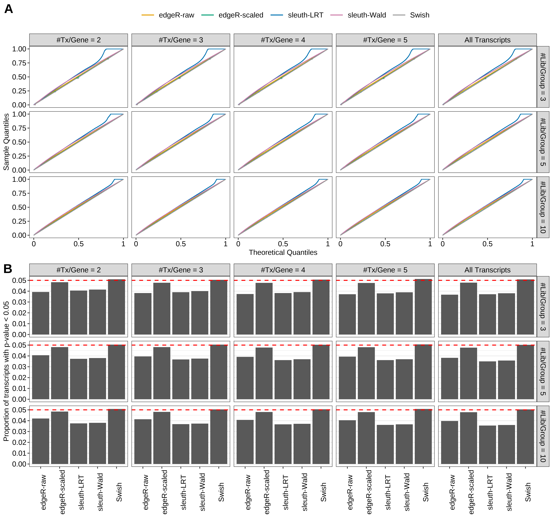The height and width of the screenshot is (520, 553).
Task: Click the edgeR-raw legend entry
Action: [176, 15]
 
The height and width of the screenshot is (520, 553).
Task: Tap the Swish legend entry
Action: [419, 15]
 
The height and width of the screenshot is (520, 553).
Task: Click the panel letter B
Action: [8, 269]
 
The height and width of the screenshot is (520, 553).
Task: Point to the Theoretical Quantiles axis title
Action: [283, 252]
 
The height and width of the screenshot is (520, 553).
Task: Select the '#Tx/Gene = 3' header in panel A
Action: [181, 40]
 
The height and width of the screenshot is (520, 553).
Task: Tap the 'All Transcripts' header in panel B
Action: [487, 270]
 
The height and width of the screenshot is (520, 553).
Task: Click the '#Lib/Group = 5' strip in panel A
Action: [543, 142]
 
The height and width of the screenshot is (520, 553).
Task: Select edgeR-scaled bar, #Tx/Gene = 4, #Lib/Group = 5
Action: [264, 373]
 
